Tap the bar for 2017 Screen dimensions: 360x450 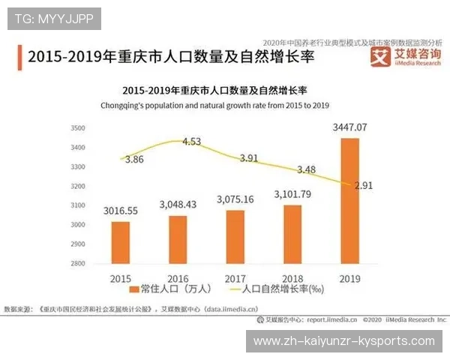tap(235, 236)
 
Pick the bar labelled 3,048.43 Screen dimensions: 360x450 tap(178, 239)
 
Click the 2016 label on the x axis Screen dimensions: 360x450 tap(178, 277)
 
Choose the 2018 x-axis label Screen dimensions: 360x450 tap(292, 277)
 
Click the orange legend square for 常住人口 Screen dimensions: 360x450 tap(134, 289)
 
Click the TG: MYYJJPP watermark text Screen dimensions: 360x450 tap(54, 18)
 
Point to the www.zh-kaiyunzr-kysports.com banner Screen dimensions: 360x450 tap(344, 341)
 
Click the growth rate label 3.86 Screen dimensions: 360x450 tap(134, 160)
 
